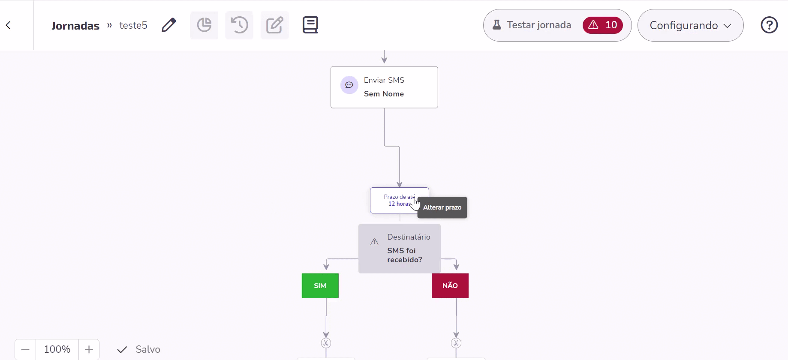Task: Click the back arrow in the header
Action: tap(8, 25)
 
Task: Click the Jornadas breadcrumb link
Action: tap(75, 26)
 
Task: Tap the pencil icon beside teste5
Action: tap(169, 25)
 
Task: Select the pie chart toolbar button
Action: tap(204, 25)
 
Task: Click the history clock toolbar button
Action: tap(239, 25)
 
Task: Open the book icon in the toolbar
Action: tap(310, 25)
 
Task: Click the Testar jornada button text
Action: tap(539, 25)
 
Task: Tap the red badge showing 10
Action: tap(603, 25)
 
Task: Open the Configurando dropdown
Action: tap(690, 25)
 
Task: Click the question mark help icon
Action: tap(769, 25)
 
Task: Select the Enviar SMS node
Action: tap(384, 87)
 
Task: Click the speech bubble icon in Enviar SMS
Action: tap(349, 85)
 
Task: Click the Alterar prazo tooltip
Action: tap(442, 207)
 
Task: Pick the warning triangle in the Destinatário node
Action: tap(374, 242)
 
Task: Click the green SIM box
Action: tap(320, 286)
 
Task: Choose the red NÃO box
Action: tap(450, 286)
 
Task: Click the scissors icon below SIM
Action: tap(326, 343)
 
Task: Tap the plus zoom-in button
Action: tap(89, 349)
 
